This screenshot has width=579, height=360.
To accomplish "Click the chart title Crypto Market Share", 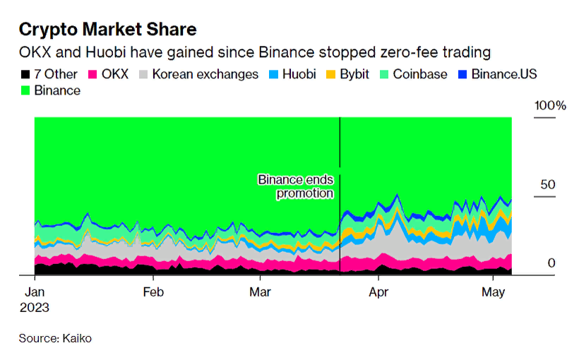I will pos(107,30).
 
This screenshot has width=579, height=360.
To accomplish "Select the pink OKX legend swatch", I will pos(91,74).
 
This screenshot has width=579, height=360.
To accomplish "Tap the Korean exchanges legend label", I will pos(205,74).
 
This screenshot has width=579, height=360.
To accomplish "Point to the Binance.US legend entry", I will pos(500,74).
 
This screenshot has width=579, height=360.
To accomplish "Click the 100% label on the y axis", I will pos(550,106).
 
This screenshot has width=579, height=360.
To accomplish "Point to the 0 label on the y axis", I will pos(552,263).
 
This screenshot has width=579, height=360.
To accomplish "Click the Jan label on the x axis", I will pos(35,291).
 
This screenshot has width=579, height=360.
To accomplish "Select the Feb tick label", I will pos(153,291).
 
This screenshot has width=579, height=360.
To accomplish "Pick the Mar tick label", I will pos(261,291).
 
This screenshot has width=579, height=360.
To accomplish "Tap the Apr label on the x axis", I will pos(378,291).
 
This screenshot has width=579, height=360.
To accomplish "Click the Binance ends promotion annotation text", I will pos(295,186).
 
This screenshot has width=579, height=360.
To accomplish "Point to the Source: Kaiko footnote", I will pos(55,339).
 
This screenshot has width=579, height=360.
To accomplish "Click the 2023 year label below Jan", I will pos(35,308).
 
